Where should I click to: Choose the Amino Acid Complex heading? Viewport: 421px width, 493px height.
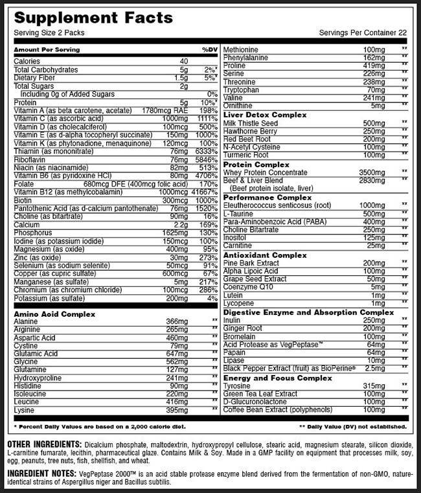click(54, 314)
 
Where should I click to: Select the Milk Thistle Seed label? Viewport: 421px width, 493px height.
click(250, 123)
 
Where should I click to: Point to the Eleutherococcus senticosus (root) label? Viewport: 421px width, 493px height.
click(279, 205)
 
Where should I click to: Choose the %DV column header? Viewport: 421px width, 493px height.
click(209, 50)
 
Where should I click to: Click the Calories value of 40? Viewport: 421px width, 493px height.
click(183, 62)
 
